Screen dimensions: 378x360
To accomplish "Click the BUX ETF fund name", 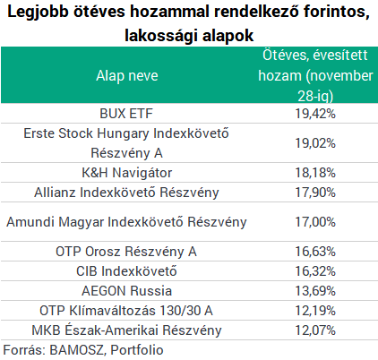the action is click(x=126, y=114).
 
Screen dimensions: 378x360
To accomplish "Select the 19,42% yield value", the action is click(x=315, y=114).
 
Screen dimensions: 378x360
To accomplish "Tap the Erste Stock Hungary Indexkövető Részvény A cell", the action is click(x=126, y=143).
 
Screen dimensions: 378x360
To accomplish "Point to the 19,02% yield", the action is click(x=315, y=143).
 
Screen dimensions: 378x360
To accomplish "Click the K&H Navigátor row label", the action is click(x=127, y=173).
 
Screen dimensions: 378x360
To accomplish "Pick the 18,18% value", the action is click(x=315, y=173).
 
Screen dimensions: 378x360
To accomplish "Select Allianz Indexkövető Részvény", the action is click(x=126, y=193).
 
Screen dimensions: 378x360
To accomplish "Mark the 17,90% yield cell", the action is click(x=315, y=193).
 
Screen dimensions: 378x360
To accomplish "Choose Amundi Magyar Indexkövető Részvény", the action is click(x=126, y=222).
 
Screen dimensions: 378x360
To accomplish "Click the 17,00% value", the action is click(x=315, y=222).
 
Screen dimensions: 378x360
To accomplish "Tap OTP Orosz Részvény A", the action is click(x=126, y=252).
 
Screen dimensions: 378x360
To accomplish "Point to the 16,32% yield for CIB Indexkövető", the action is click(x=315, y=271).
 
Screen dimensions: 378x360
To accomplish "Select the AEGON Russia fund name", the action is click(x=127, y=291).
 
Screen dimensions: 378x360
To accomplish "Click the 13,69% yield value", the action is click(x=315, y=291).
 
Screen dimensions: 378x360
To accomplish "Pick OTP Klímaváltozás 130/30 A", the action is click(x=126, y=311).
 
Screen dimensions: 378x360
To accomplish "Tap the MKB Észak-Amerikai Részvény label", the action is click(x=126, y=330).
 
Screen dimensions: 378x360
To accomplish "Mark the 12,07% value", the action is click(x=315, y=330).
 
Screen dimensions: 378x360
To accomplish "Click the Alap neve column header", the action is click(x=127, y=75).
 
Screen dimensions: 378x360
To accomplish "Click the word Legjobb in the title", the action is click(x=38, y=13).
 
